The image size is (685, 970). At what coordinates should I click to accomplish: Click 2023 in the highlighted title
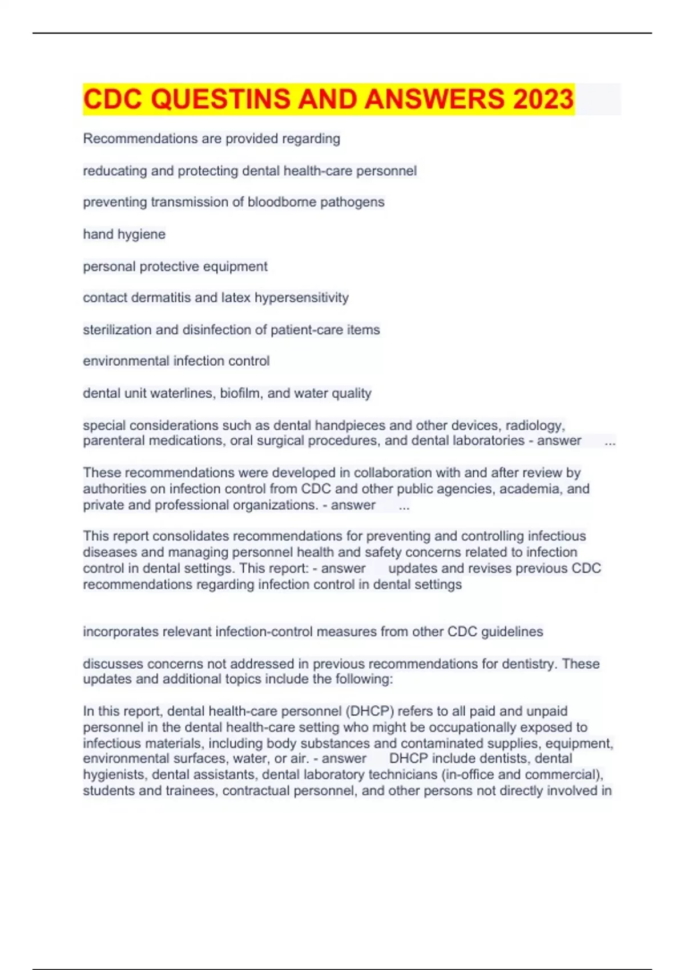(x=543, y=99)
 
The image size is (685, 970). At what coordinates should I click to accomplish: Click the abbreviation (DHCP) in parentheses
(x=370, y=711)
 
